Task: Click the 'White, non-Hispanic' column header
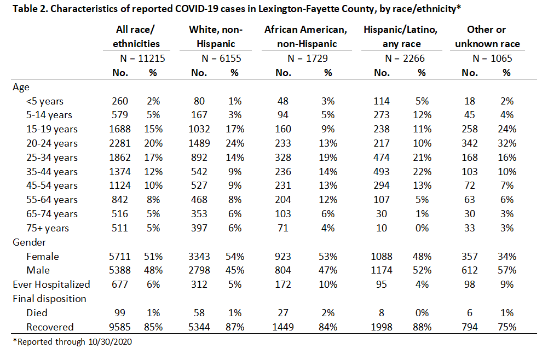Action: (x=216, y=37)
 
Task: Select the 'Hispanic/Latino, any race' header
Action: (x=401, y=37)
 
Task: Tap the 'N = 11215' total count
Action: (x=142, y=59)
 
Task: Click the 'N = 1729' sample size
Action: (x=308, y=59)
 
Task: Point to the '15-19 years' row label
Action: (x=51, y=129)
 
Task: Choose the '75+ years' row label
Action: (x=48, y=228)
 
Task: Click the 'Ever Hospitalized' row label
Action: (x=51, y=284)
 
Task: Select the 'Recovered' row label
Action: (x=50, y=327)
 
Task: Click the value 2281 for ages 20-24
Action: (x=120, y=143)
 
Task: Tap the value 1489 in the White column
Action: (x=199, y=143)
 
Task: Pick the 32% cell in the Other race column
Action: (x=507, y=143)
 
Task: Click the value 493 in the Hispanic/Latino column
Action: (x=382, y=172)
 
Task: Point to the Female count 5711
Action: (x=120, y=257)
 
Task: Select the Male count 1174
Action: (x=382, y=270)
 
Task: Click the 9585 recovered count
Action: (x=120, y=327)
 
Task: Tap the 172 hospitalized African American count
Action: (x=283, y=284)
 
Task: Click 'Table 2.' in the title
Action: (x=31, y=8)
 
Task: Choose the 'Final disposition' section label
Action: (x=49, y=299)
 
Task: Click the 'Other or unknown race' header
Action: (x=487, y=37)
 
